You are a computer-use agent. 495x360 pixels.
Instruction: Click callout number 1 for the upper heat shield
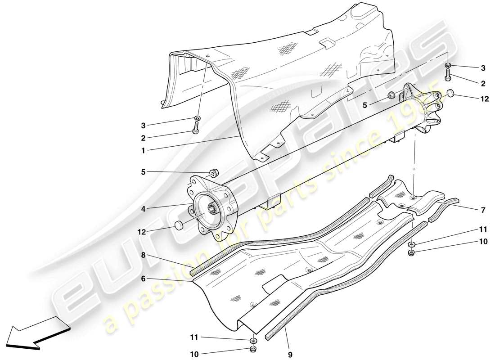143,151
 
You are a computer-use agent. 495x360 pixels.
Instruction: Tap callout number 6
143,279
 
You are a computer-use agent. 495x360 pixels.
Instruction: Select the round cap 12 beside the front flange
178,225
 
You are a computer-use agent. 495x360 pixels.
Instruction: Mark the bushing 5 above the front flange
215,172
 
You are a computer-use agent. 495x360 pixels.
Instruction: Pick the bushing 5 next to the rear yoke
391,95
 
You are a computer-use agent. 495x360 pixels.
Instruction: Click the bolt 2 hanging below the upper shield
196,130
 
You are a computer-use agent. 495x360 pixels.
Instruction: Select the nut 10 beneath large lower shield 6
254,350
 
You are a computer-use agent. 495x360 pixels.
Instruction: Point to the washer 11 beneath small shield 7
412,245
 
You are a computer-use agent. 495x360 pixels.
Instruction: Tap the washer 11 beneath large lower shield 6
254,340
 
